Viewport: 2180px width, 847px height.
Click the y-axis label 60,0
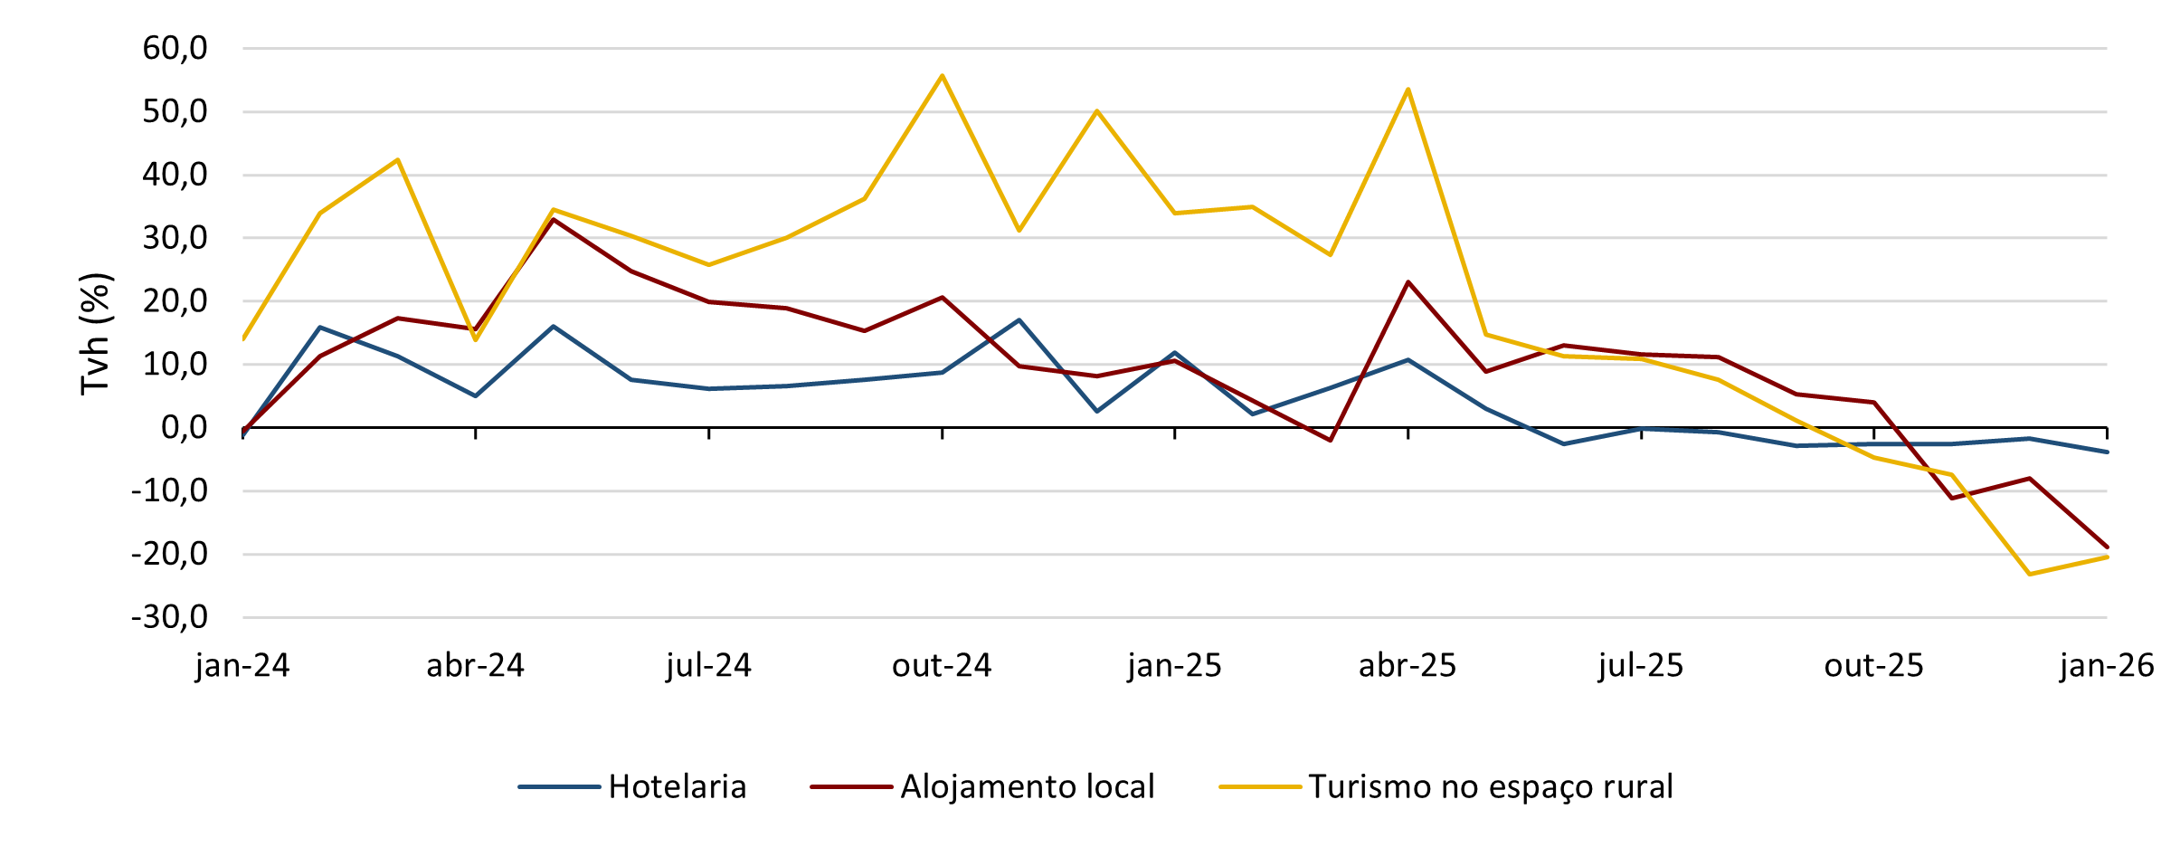pos(175,49)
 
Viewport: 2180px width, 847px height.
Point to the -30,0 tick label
pos(169,618)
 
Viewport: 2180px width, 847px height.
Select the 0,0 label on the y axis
pos(184,428)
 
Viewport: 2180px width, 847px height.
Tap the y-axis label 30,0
pos(175,239)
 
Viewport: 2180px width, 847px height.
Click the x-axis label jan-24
pos(242,666)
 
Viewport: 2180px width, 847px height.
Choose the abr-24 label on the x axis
pos(475,666)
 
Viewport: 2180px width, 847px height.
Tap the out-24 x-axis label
pos(942,666)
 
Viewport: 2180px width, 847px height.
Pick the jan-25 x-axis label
pos(1174,666)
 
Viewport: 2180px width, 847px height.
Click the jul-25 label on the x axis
pos(1641,666)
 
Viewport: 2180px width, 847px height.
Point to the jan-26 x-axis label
pos(2107,666)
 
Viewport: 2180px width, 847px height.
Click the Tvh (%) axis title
pos(96,333)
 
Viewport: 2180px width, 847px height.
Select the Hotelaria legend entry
pos(677,787)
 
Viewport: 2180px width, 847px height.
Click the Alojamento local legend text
pos(1027,787)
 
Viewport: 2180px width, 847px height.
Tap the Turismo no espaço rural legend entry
pos(1490,787)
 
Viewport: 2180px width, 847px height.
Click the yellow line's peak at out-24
pos(942,76)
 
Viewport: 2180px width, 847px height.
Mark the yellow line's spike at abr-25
pos(1408,89)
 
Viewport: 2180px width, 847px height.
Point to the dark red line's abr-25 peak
pos(1408,282)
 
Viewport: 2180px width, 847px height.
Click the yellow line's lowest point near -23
pos(2030,574)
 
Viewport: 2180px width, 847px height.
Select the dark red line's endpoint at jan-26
pos(2107,547)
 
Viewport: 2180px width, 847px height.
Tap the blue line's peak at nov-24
pos(1019,320)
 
